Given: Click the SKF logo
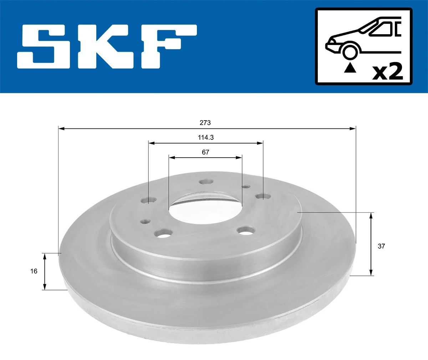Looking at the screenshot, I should point(107,46).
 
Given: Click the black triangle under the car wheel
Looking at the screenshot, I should point(350,68).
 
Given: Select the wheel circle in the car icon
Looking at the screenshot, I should point(350,51).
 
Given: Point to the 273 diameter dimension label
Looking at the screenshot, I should point(205,123).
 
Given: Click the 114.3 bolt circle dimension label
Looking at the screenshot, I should point(206,137).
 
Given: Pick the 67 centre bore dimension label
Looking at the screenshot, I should point(205,152).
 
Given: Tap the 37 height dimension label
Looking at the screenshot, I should point(381,246).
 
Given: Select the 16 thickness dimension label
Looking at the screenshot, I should point(34,271).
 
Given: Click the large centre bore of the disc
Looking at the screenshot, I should point(205,211).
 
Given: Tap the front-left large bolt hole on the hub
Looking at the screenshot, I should point(163,234).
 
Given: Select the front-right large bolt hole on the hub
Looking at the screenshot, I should point(246,231).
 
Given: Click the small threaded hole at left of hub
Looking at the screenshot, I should point(144,222).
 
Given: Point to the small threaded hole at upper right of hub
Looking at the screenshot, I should point(245,186).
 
